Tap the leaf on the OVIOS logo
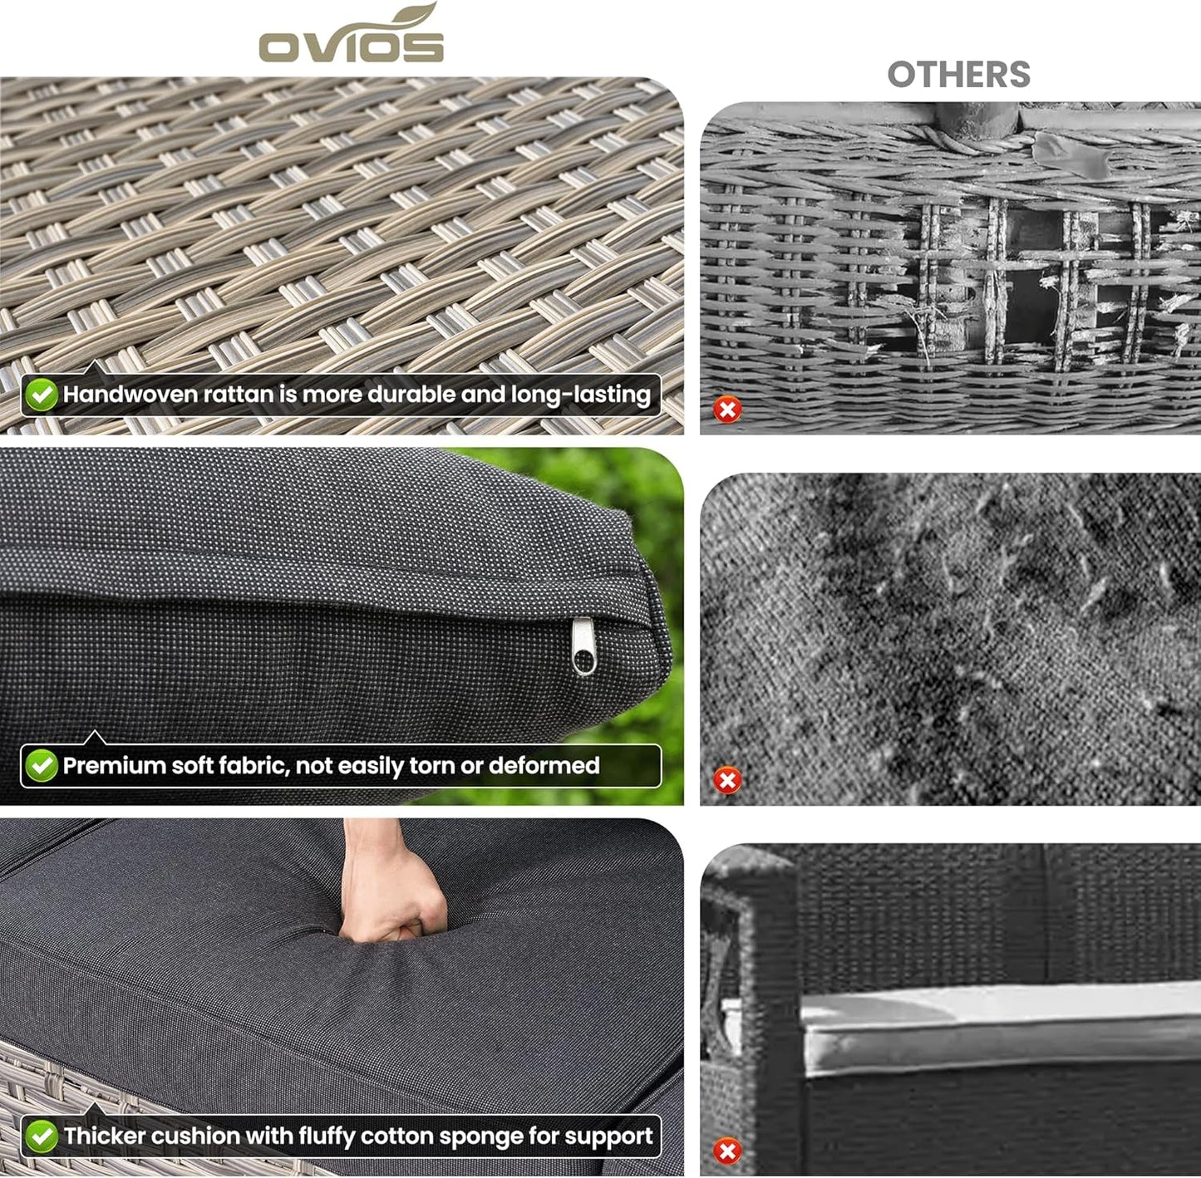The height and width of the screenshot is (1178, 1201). click(x=416, y=17)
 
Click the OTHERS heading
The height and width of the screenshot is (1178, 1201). click(x=958, y=75)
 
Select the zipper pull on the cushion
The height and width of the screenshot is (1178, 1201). click(x=583, y=647)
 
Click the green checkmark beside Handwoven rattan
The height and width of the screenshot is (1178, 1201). click(x=42, y=395)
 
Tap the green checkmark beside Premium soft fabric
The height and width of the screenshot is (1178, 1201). click(x=42, y=766)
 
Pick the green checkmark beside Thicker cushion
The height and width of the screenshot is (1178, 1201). click(x=42, y=1136)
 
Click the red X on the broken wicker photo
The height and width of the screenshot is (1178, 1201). click(x=727, y=410)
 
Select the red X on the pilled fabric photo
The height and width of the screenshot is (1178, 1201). click(x=727, y=780)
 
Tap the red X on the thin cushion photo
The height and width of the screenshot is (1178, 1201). click(x=727, y=1151)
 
